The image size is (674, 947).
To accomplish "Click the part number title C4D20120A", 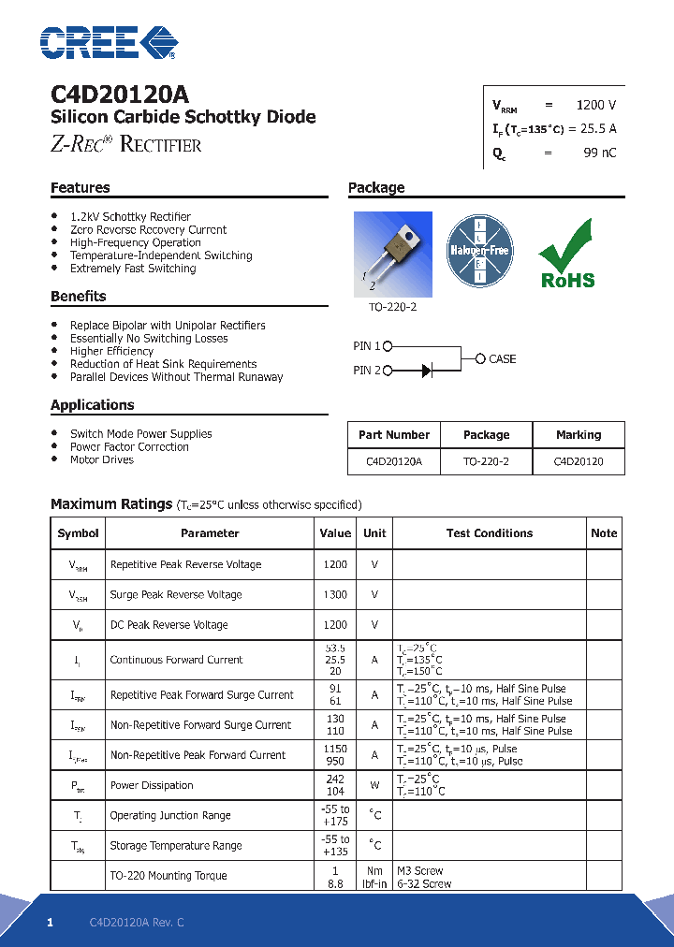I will (x=119, y=95).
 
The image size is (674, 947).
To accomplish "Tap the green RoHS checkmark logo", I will (x=566, y=254).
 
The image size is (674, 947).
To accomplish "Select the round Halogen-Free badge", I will (x=478, y=251).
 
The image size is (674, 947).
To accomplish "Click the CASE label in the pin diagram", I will (x=502, y=358).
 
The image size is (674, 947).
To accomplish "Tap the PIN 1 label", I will (x=367, y=346).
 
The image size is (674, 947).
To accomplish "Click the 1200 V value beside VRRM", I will (x=595, y=106).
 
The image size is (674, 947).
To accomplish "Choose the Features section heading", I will (x=81, y=188).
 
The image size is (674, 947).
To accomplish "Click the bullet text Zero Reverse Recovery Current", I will (x=148, y=229).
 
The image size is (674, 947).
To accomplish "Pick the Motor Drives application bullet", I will (x=102, y=459).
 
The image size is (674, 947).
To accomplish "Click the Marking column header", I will (x=578, y=434).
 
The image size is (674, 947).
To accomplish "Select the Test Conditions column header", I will (x=489, y=532).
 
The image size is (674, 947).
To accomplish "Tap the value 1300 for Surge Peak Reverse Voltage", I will (x=334, y=594).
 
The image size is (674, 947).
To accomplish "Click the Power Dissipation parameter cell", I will (x=152, y=785).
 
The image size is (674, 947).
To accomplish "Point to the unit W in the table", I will (x=374, y=785).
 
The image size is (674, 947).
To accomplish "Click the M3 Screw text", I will (x=419, y=870).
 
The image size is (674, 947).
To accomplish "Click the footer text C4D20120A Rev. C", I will (x=137, y=923).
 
